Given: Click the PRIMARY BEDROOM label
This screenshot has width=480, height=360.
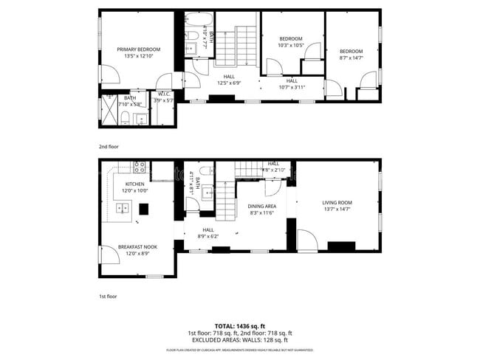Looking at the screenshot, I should [x=139, y=49].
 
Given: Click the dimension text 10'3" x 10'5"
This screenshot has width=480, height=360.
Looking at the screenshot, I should [x=291, y=46].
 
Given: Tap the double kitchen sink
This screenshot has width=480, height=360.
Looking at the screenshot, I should [x=122, y=209].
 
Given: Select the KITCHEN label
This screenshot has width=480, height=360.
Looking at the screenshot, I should [x=134, y=184].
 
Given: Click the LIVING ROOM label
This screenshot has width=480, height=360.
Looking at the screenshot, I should [x=337, y=203].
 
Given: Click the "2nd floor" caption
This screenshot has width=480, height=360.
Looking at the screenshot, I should [x=109, y=147].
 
